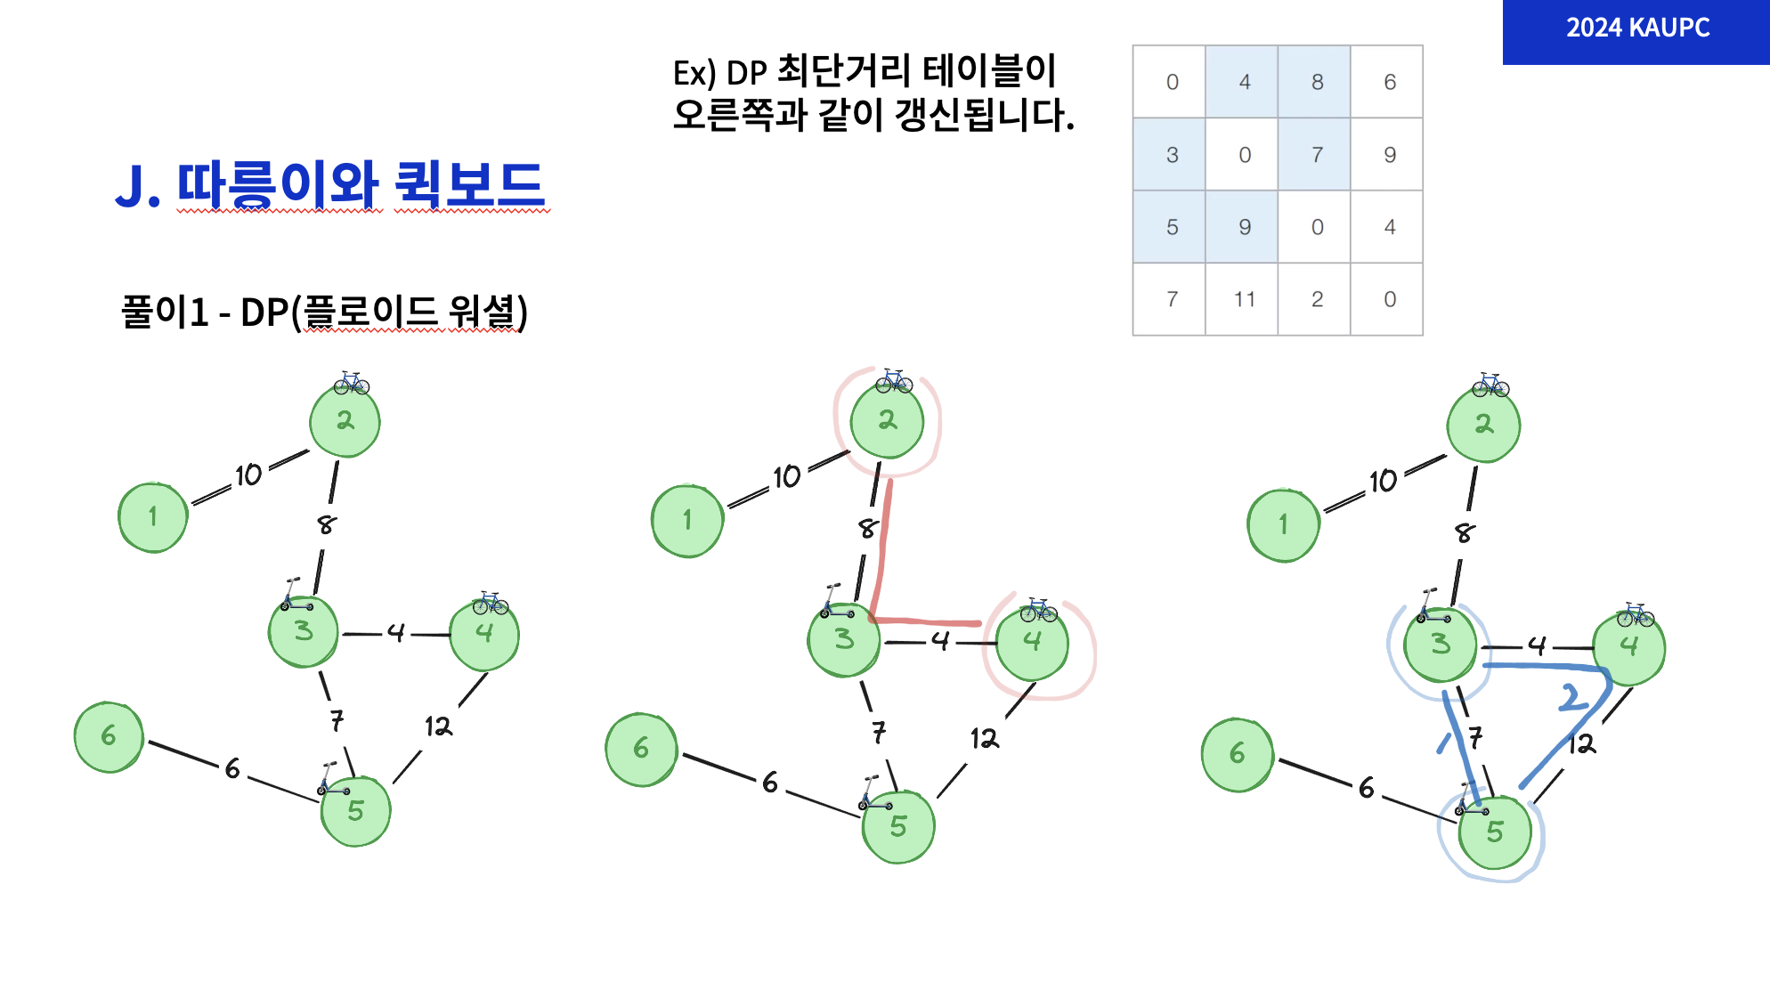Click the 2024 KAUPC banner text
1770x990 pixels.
pyautogui.click(x=1637, y=28)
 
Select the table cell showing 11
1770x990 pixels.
pyautogui.click(x=1244, y=299)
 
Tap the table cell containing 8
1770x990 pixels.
pyautogui.click(x=1317, y=82)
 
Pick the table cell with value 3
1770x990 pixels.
pyautogui.click(x=1172, y=155)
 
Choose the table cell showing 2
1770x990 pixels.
pyautogui.click(x=1317, y=299)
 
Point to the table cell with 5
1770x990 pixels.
pyautogui.click(x=1172, y=227)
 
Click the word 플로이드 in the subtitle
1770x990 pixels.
pyautogui.click(x=370, y=312)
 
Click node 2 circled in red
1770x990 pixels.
pyautogui.click(x=887, y=421)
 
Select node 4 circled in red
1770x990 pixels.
pyautogui.click(x=1032, y=641)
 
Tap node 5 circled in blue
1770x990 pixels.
pyautogui.click(x=1495, y=832)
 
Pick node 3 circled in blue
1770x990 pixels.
pyautogui.click(x=1440, y=645)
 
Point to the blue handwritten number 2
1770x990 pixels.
pyautogui.click(x=1573, y=697)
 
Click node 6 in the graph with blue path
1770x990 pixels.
pyautogui.click(x=1238, y=755)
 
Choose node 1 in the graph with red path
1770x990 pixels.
pyautogui.click(x=687, y=521)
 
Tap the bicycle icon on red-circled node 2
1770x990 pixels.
pyautogui.click(x=893, y=381)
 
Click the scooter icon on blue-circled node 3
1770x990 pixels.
pyautogui.click(x=1432, y=607)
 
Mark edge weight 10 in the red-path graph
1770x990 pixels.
pyautogui.click(x=787, y=477)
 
